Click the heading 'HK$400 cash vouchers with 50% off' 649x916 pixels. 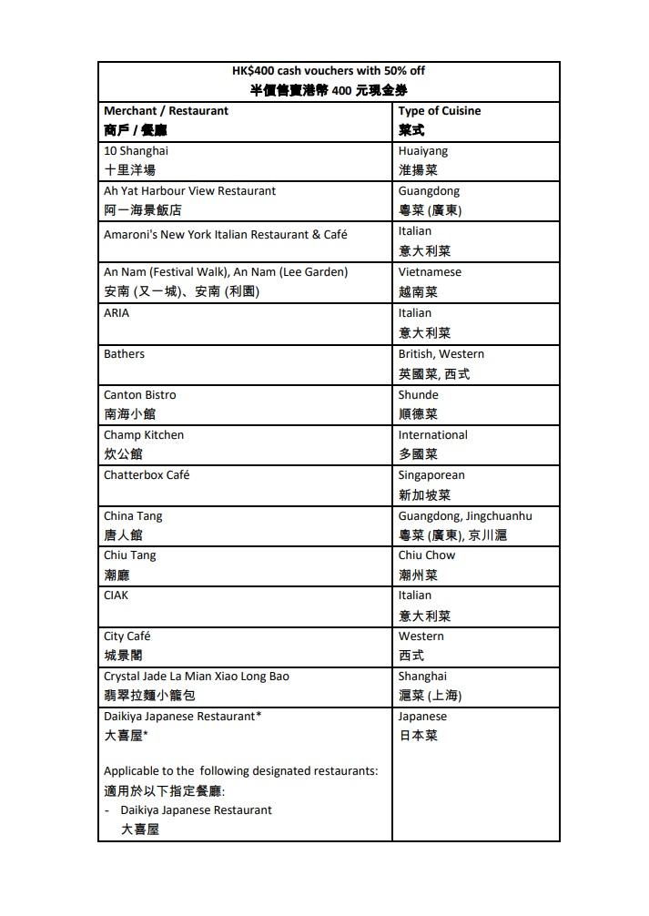tap(329, 71)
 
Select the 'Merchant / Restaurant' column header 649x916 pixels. tap(166, 111)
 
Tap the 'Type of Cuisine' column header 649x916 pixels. tap(440, 111)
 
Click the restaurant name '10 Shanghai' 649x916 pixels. tap(136, 151)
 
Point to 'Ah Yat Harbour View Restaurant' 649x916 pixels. tap(189, 191)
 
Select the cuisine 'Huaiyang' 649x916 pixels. tap(423, 151)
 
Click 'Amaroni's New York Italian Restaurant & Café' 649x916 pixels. tap(226, 234)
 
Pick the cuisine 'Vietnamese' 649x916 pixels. tap(430, 272)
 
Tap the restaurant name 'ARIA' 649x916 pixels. tap(117, 313)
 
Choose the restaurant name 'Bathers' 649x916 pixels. tap(124, 354)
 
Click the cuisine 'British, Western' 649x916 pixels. tap(441, 354)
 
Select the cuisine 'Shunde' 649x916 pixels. tap(419, 395)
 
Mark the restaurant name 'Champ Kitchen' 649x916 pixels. tap(144, 435)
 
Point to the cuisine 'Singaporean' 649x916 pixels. tap(431, 475)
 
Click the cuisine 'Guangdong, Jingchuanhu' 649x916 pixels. tap(465, 516)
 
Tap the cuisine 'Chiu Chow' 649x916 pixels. tap(427, 555)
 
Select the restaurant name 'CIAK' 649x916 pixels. tap(117, 595)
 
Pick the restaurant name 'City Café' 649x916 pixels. tap(127, 636)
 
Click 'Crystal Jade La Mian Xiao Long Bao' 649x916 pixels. tap(197, 677)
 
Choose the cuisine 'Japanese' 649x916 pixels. tap(422, 717)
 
